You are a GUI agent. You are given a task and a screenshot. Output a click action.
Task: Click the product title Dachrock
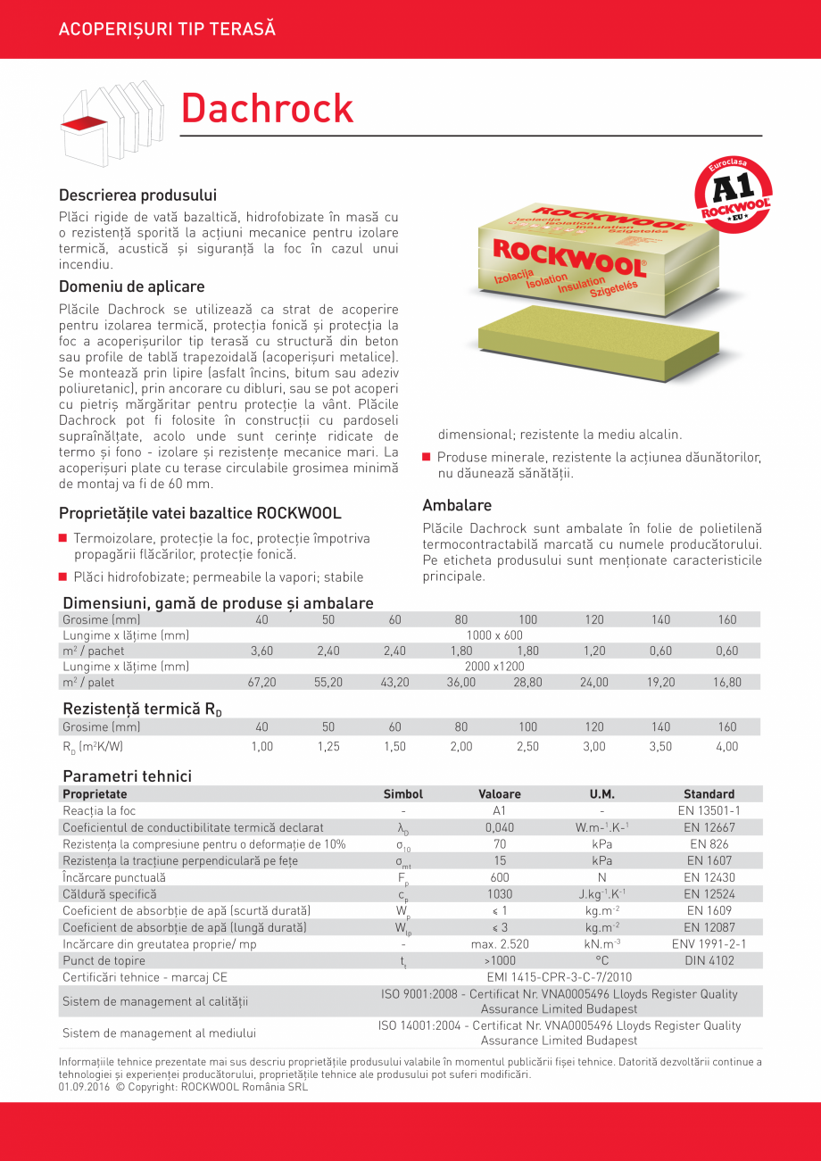pos(267,108)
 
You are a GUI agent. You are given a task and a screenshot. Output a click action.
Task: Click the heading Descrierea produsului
pos(137,195)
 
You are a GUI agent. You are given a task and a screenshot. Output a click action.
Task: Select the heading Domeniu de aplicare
pos(131,286)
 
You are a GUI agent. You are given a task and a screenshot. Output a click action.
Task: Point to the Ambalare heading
pos(457,505)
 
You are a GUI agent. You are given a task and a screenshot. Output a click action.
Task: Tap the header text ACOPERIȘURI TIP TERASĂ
pos(167,29)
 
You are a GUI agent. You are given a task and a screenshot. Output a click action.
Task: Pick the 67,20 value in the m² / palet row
pos(261,683)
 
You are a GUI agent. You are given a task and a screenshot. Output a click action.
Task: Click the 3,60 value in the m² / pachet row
pos(261,651)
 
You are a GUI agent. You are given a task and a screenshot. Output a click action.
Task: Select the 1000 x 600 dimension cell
pos(494,635)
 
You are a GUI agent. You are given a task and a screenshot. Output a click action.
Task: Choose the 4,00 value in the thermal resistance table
pos(727,747)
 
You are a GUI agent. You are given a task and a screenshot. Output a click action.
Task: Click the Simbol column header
pos(402,794)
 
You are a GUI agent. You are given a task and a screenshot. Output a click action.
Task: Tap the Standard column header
pos(709,794)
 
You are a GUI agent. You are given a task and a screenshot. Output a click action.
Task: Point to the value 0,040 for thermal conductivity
pos(499,828)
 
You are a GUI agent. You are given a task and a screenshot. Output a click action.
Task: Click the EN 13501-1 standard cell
pos(709,811)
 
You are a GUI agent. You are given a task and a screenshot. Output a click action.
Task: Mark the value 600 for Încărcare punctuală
pos(499,878)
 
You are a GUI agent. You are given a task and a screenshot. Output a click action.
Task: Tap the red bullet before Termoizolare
pos(63,538)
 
